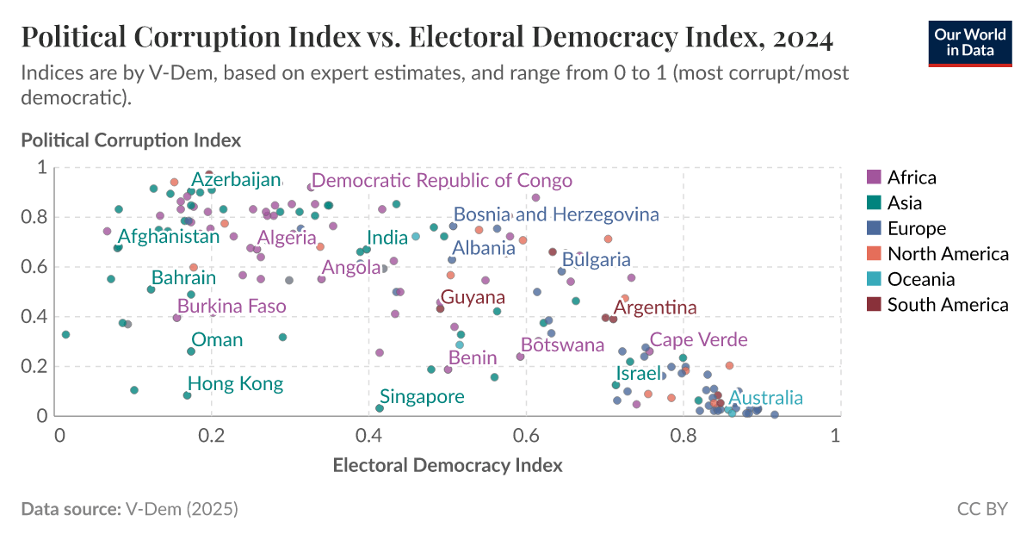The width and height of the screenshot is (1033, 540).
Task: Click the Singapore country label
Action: click(422, 397)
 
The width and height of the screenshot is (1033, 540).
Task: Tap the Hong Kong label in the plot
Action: click(236, 384)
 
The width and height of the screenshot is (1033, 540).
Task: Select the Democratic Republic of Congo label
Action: click(442, 181)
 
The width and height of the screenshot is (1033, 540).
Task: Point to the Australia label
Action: click(765, 398)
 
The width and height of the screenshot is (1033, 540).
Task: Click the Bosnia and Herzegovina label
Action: click(556, 214)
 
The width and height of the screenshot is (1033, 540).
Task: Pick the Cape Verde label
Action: click(698, 340)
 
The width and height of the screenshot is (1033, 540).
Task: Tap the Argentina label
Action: click(655, 307)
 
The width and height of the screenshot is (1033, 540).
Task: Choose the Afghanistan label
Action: click(169, 236)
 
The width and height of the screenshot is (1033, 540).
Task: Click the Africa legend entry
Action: click(911, 177)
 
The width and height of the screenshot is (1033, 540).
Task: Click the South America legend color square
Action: click(874, 304)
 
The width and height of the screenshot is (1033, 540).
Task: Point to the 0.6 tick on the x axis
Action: click(528, 435)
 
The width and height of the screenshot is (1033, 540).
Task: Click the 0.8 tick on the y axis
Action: click(39, 217)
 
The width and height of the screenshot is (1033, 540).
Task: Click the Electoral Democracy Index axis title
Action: click(448, 466)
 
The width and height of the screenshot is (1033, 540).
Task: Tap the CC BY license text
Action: click(982, 509)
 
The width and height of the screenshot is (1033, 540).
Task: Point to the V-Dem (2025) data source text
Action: click(182, 509)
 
